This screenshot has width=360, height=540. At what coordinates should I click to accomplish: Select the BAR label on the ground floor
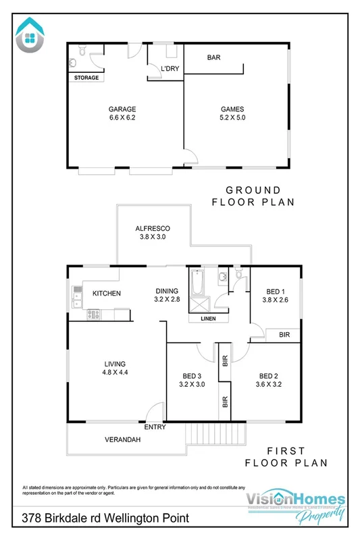point(215,58)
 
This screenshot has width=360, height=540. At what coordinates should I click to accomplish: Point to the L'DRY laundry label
point(168,70)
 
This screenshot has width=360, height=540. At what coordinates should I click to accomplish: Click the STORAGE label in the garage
point(86,78)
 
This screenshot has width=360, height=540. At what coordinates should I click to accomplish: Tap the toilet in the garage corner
point(81,50)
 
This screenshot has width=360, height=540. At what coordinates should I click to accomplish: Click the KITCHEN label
point(107,294)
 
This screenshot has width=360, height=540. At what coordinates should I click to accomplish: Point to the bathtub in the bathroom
point(197,284)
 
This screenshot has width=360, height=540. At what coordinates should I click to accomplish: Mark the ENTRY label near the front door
point(155,427)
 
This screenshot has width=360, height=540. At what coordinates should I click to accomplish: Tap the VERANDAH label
point(122,439)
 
